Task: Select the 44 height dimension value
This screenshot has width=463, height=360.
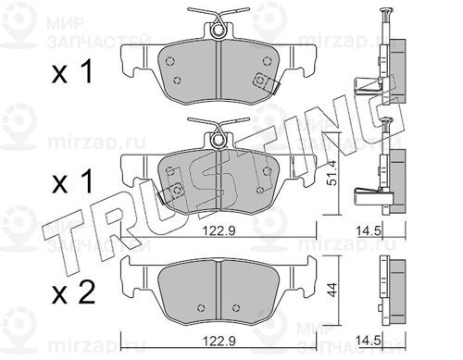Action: pos(332,290)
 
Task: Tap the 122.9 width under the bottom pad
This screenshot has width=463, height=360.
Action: pos(219,341)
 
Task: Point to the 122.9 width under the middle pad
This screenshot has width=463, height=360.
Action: pos(219,230)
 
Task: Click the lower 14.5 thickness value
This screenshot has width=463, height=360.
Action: pos(369,341)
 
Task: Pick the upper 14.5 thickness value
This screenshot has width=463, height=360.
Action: pos(369,230)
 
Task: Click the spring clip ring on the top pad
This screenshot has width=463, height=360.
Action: pos(218,31)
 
